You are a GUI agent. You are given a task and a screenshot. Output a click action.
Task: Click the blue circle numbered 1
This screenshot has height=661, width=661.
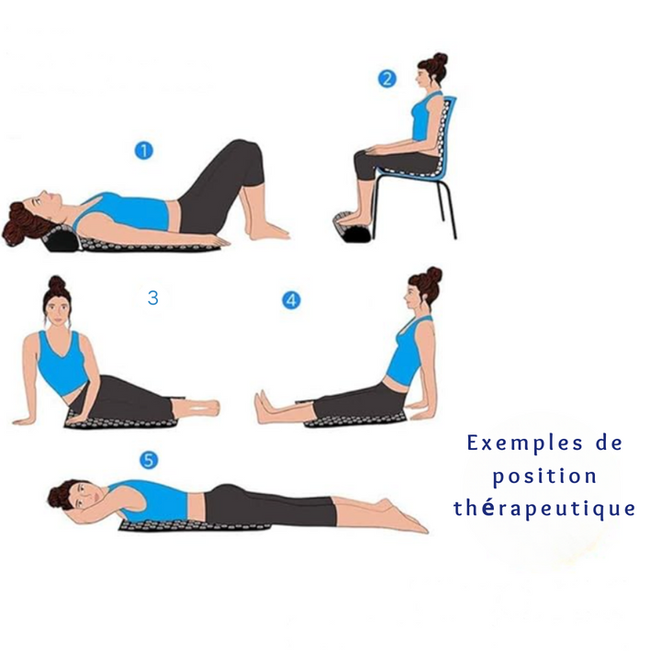tap(144, 151)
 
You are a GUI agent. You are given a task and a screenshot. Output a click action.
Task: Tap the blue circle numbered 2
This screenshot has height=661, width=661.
tap(387, 79)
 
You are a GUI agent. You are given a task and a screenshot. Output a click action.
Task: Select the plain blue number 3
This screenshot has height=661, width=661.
tap(153, 297)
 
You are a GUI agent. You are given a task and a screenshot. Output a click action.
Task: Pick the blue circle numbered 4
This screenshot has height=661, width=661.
tap(291, 300)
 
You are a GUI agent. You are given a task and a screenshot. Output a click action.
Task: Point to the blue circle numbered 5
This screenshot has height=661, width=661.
tap(149, 460)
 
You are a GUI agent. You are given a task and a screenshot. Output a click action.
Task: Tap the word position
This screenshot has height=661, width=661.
tap(544, 477)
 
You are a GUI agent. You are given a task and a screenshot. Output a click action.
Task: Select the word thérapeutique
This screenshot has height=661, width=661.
tap(544, 509)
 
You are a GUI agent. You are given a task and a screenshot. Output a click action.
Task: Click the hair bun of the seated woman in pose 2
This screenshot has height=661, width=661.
tap(440, 59)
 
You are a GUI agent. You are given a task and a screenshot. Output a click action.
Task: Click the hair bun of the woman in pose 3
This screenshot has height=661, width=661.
tap(57, 284)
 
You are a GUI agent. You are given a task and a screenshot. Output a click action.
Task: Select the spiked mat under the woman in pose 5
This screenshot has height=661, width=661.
tap(195, 526)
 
